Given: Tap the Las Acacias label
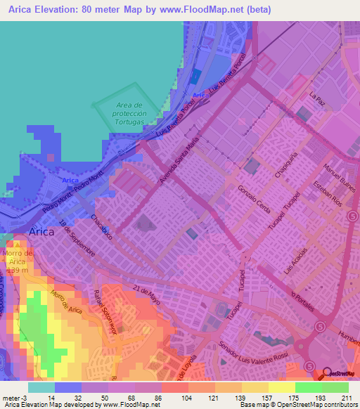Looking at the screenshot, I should [295, 259].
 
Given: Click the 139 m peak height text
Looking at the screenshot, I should [17, 270].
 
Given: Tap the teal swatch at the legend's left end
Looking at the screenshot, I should [41, 387].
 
